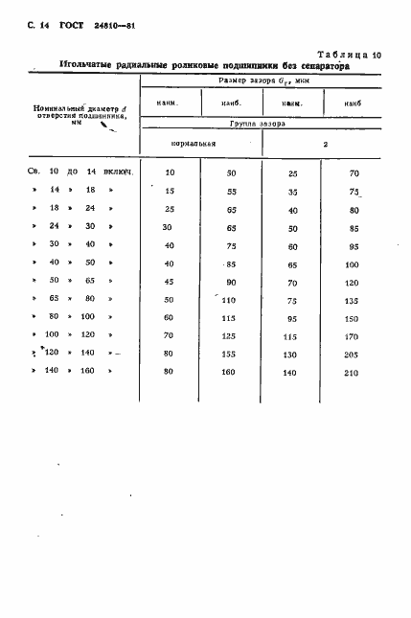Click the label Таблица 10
click(348, 57)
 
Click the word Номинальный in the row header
click(55, 110)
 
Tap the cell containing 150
click(353, 317)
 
